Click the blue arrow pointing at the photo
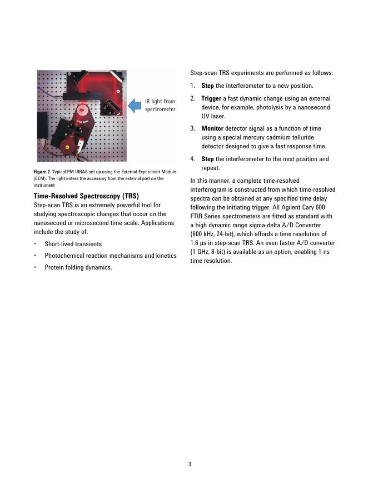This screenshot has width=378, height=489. click(x=135, y=105)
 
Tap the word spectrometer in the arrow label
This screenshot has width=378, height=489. click(x=160, y=109)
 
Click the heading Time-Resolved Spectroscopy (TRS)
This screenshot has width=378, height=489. click(x=86, y=196)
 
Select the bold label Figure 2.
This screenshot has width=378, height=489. click(x=46, y=172)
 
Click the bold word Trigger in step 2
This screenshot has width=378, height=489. click(x=211, y=98)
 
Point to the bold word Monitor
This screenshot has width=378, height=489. click(x=212, y=128)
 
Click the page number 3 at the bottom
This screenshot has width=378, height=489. click(x=190, y=463)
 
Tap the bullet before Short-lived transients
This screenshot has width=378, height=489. click(x=36, y=244)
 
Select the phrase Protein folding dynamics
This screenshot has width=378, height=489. click(x=78, y=267)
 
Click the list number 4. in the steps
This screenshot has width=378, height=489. click(x=193, y=159)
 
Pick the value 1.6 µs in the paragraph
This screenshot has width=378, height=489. click(x=198, y=243)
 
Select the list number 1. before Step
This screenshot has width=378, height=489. click(x=193, y=86)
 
